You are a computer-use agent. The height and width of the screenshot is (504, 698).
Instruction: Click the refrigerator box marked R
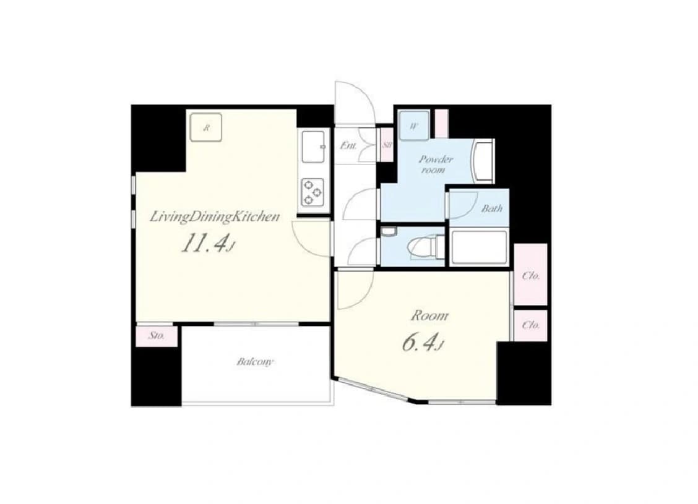[205, 127]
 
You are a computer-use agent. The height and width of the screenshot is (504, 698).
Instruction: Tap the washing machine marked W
[414, 126]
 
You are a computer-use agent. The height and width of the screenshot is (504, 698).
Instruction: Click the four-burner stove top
[312, 192]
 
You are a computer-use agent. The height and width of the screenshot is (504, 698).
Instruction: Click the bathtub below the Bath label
[479, 247]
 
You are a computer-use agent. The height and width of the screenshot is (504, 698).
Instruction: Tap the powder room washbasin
[483, 161]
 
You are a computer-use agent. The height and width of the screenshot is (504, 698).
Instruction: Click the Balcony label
[255, 362]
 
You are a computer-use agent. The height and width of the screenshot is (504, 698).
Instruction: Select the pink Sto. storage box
[157, 336]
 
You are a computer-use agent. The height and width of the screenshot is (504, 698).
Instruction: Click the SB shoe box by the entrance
[386, 145]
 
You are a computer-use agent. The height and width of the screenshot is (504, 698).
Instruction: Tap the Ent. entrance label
[348, 145]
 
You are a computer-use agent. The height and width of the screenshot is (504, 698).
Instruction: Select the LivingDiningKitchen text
[215, 216]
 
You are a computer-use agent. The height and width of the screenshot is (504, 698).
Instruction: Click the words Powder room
[435, 164]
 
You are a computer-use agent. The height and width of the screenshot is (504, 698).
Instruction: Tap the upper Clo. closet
[531, 275]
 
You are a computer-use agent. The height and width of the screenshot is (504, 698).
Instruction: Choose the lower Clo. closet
[531, 325]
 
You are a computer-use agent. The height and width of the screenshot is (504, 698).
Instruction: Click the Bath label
[492, 208]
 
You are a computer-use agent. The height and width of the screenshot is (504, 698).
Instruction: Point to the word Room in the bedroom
[429, 316]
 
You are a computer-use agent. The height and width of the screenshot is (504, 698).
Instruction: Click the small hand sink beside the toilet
[389, 232]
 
